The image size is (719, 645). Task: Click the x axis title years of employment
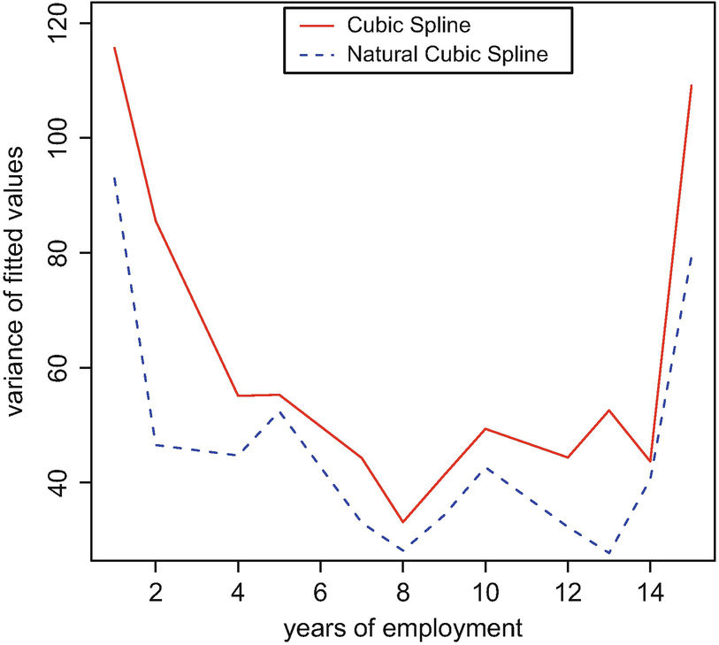point(402,629)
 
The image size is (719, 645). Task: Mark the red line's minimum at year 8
point(402,522)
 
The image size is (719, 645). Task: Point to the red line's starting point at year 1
point(115,48)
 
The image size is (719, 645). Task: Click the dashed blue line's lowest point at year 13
point(608,553)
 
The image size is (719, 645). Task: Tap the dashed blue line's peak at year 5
point(279,411)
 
